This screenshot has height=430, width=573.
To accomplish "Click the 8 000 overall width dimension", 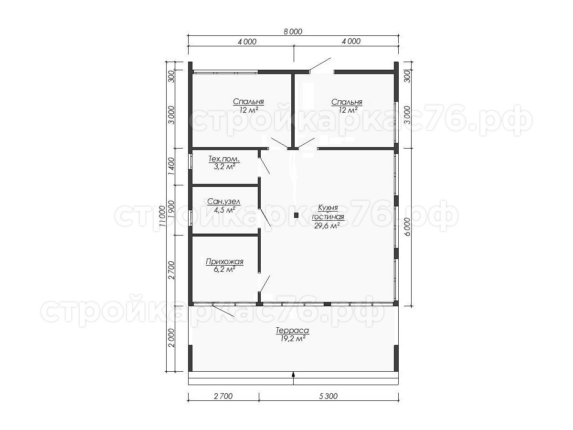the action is pos(293,32).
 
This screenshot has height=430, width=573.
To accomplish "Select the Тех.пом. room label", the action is pos(224,159).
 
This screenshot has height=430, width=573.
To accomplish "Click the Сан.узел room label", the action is pos(224,202).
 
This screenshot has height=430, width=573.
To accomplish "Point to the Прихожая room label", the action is pos(224,261).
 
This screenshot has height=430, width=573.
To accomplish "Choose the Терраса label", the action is pos(292,331).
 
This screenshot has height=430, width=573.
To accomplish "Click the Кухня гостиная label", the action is pos(328,212).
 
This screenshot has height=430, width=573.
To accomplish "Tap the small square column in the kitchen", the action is pos(296,215).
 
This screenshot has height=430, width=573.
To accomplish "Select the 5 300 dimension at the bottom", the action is pos(329,396).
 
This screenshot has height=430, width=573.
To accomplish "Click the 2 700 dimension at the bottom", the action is pos(223,396).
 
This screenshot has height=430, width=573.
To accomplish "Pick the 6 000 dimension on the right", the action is pos(407,227).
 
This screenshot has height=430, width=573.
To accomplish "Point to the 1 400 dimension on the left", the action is pos(171,167).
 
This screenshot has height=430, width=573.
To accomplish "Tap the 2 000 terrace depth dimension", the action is pos(171,338).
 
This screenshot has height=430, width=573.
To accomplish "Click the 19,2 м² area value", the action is pos(292,339).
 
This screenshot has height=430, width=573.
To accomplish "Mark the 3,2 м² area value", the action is pos(224,167).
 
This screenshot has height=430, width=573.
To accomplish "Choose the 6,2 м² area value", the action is pos(224,269).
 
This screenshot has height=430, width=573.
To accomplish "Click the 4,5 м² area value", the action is pos(224,210).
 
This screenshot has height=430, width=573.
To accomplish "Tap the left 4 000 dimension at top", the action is pos(247,42).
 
